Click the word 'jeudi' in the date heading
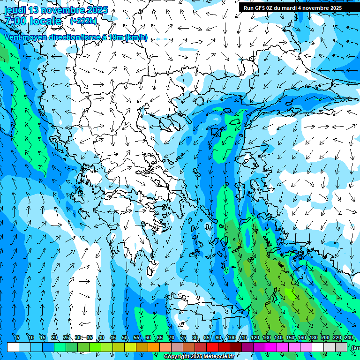(x=15, y=10)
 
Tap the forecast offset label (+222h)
(x=83, y=21)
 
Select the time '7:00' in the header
(x=15, y=21)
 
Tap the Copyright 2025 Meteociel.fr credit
(x=199, y=357)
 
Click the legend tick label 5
(x=17, y=337)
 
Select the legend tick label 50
(x=125, y=337)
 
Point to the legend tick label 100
(x=231, y=337)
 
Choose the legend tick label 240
(x=348, y=337)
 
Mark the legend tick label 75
(x=183, y=337)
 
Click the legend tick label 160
(x=301, y=337)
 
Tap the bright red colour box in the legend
(x=212, y=347)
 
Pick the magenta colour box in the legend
(x=271, y=347)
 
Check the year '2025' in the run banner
(x=334, y=8)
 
